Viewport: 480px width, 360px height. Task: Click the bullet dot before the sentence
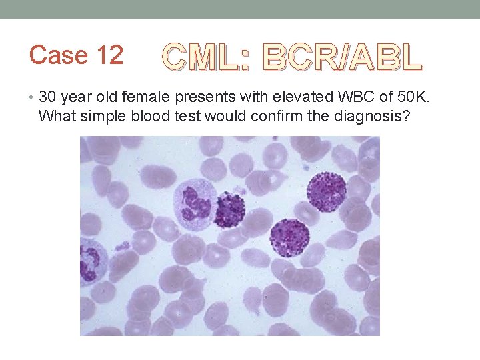33,99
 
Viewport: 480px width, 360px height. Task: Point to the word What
55,116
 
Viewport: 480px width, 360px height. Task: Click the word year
81,99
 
